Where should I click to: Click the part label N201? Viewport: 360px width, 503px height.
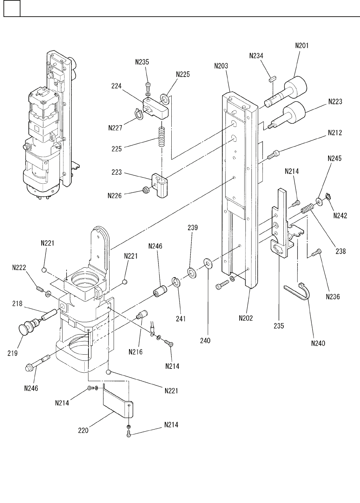(x=302, y=45)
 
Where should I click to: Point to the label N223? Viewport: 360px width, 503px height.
(x=335, y=102)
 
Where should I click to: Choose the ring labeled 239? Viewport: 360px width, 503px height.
(x=192, y=272)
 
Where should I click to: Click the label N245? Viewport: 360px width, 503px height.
(x=334, y=158)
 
